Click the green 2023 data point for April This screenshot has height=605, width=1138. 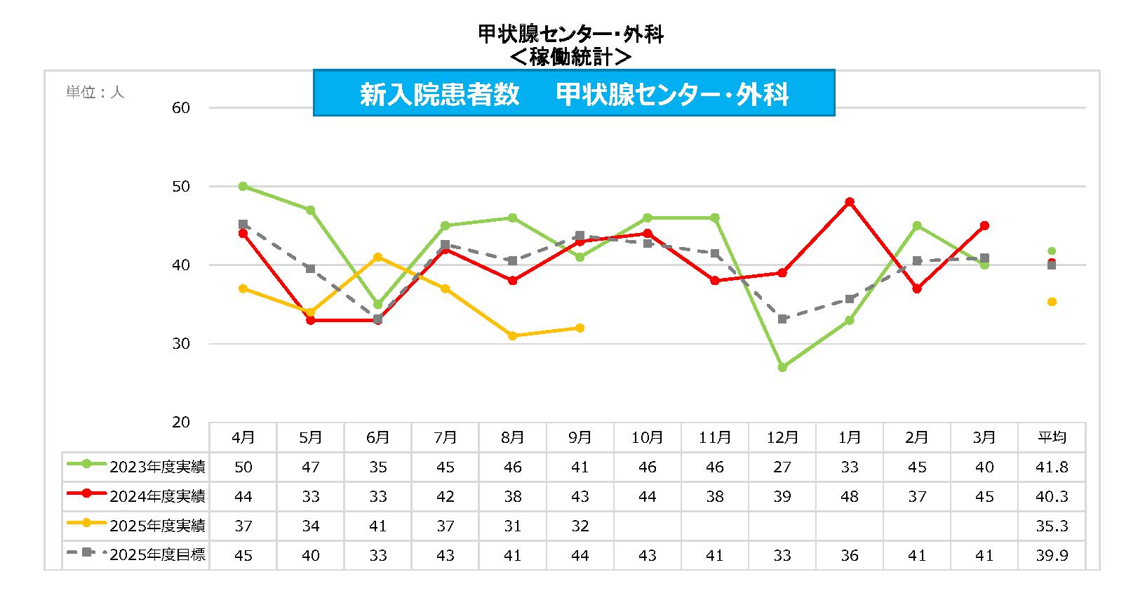243,187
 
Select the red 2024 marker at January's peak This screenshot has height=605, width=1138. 850,202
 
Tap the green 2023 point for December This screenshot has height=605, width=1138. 782,367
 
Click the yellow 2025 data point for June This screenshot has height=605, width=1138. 378,258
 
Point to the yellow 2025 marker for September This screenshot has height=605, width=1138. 580,328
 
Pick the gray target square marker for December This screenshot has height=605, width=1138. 782,319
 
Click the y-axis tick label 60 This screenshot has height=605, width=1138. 181,108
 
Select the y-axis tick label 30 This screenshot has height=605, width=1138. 181,344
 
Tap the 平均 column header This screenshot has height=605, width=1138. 1052,437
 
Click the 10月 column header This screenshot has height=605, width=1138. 647,437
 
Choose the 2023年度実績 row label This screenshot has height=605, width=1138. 157,467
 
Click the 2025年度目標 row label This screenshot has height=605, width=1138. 157,555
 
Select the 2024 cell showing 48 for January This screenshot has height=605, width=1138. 850,496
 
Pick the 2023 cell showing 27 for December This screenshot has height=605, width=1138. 782,467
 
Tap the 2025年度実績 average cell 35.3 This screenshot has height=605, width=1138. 1052,526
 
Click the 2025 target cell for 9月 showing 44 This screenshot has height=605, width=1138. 580,555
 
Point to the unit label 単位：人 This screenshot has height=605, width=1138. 95,93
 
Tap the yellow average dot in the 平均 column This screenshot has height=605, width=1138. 1052,302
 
